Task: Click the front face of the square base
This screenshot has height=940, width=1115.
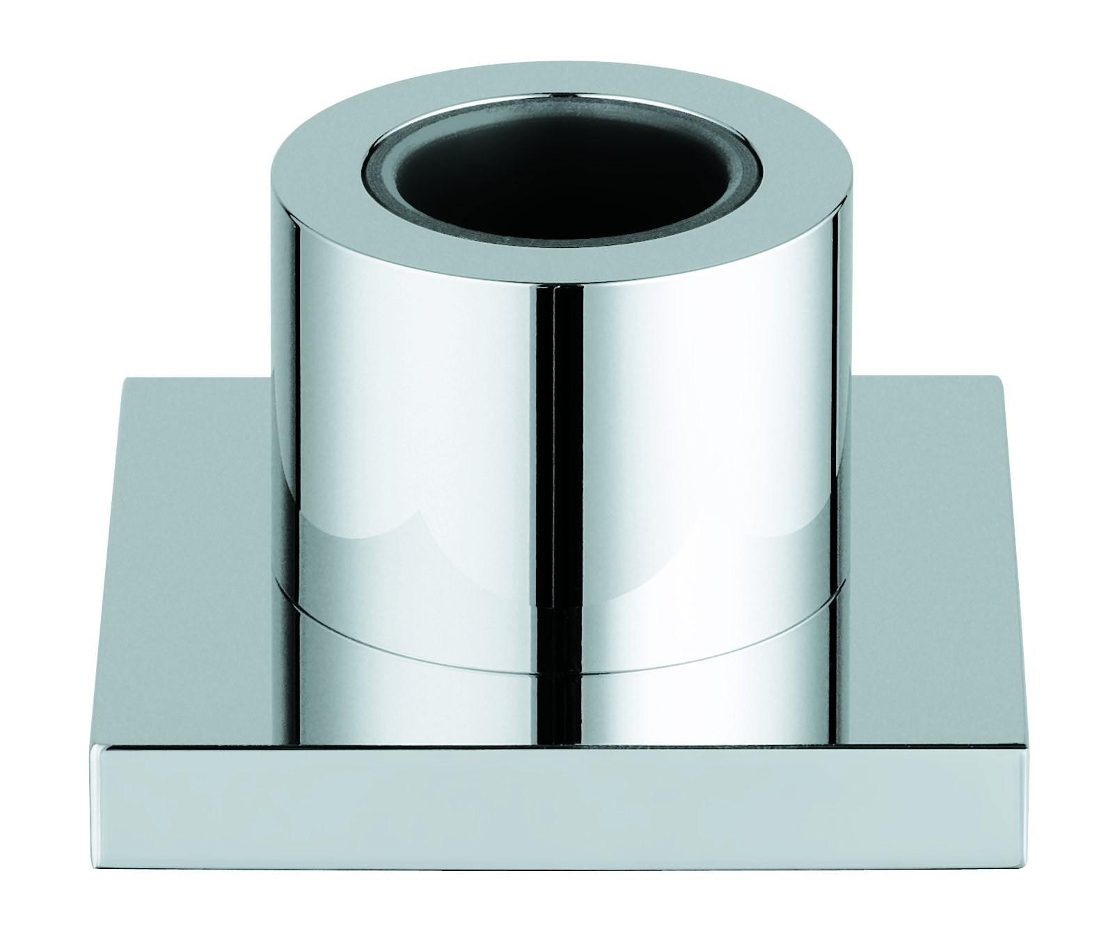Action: coord(557,808)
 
